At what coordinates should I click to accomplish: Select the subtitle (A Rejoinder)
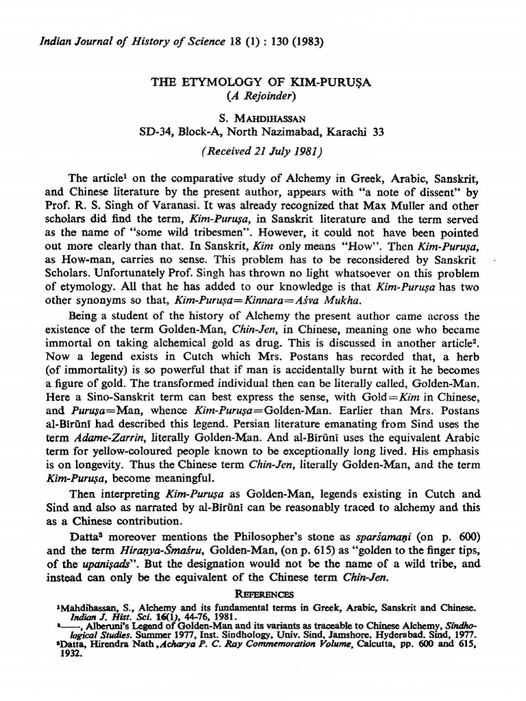[262, 95]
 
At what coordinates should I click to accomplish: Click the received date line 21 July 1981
[262, 151]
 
